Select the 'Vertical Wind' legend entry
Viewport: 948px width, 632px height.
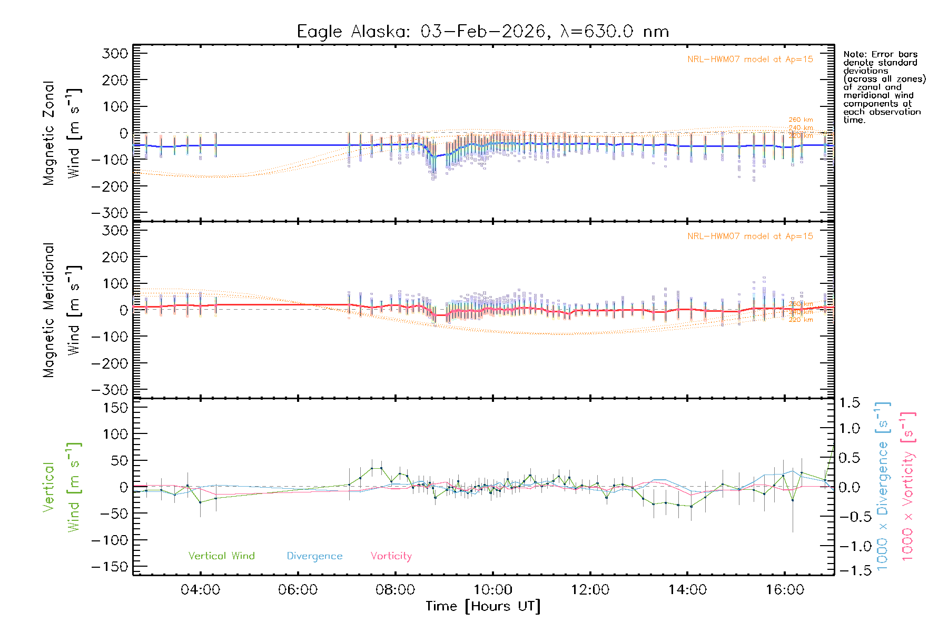[221, 556]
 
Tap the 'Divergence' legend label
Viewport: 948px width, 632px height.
[314, 556]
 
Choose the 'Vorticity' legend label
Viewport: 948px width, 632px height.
[391, 556]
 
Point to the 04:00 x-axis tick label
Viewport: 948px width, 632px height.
[200, 589]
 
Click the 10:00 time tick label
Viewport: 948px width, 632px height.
[492, 589]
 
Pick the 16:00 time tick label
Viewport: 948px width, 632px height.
[785, 589]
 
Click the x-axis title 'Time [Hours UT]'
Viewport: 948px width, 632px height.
[483, 606]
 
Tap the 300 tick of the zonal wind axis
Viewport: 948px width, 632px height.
[115, 53]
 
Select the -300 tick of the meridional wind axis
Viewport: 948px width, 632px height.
[110, 390]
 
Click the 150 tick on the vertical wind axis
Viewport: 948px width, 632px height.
[115, 408]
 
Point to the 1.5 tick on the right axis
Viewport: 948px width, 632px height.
[850, 403]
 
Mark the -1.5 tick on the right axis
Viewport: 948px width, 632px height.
[850, 570]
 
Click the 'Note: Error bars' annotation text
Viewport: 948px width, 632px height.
[880, 54]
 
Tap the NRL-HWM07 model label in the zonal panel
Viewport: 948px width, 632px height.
[750, 60]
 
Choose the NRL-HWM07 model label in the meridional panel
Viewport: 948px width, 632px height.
[750, 236]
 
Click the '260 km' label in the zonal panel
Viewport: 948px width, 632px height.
[801, 120]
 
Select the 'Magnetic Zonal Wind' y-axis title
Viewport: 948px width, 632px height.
[62, 133]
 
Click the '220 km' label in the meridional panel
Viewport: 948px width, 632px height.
[801, 320]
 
